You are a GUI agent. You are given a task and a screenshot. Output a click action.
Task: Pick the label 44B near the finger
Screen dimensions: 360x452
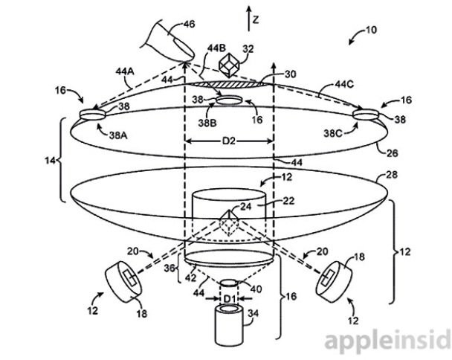tap(216, 48)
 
